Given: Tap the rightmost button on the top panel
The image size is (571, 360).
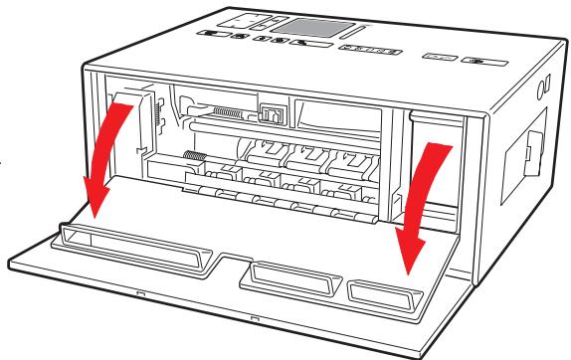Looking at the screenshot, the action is pyautogui.click(x=483, y=59).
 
